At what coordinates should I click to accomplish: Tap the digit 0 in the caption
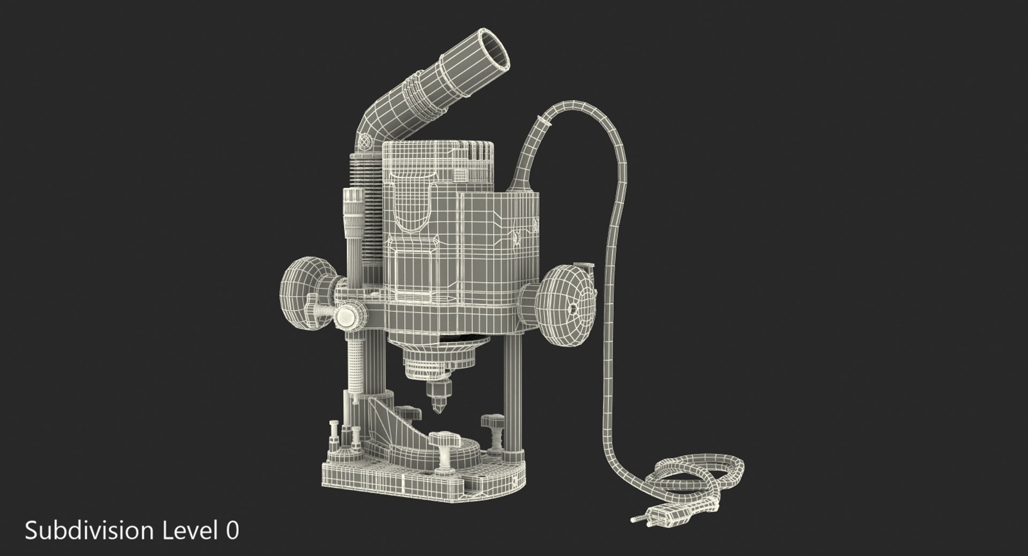click(x=232, y=531)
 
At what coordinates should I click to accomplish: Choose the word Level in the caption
click(x=188, y=531)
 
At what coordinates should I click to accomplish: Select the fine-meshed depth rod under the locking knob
click(x=354, y=364)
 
